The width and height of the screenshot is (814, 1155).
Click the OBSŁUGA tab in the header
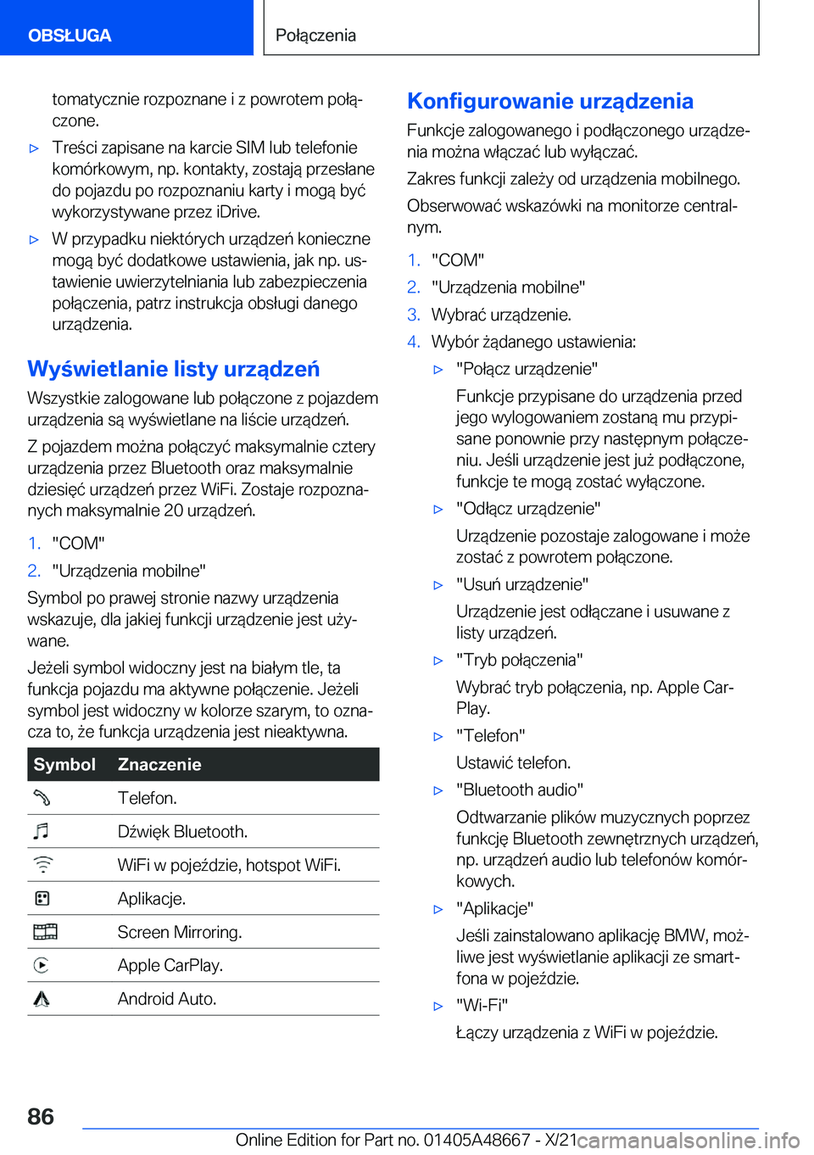click(x=70, y=36)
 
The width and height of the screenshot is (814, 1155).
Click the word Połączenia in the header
click(x=315, y=36)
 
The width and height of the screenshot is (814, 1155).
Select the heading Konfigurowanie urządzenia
click(x=550, y=101)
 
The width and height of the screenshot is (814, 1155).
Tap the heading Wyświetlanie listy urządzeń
click(x=174, y=369)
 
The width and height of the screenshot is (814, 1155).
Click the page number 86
click(x=41, y=1116)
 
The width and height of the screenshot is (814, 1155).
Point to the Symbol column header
click(x=64, y=764)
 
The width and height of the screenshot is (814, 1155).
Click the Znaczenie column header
click(x=159, y=764)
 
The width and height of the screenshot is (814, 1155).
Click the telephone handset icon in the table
click(x=42, y=798)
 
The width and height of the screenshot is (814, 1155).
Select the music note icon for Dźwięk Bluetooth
click(x=42, y=831)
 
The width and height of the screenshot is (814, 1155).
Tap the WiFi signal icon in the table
click(x=42, y=865)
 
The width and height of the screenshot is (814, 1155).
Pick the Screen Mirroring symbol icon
click(x=45, y=932)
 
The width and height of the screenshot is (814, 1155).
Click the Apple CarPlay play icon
click(x=42, y=965)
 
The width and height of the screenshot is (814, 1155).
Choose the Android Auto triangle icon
click(x=42, y=999)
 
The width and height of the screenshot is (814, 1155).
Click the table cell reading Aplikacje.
click(x=152, y=898)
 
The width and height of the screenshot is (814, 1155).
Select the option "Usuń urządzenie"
click(x=521, y=584)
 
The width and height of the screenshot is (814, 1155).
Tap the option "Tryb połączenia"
click(x=519, y=660)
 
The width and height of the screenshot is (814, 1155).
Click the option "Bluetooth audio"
click(x=519, y=790)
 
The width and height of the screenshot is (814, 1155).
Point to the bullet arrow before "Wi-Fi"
click(x=438, y=1006)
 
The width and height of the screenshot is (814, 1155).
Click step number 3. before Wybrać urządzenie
click(x=414, y=315)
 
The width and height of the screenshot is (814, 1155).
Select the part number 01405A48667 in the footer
click(x=477, y=1140)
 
